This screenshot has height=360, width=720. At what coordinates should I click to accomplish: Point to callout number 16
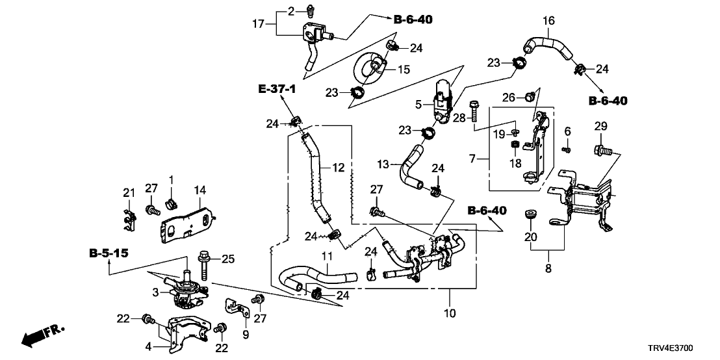point(549,21)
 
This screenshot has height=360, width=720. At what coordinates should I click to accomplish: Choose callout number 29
point(600,125)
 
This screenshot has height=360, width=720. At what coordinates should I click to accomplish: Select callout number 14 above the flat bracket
point(199,190)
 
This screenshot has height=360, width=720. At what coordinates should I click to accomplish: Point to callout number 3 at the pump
point(156,293)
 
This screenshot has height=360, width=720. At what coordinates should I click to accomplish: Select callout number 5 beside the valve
point(418,103)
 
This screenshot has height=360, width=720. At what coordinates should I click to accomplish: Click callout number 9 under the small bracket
point(246,335)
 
